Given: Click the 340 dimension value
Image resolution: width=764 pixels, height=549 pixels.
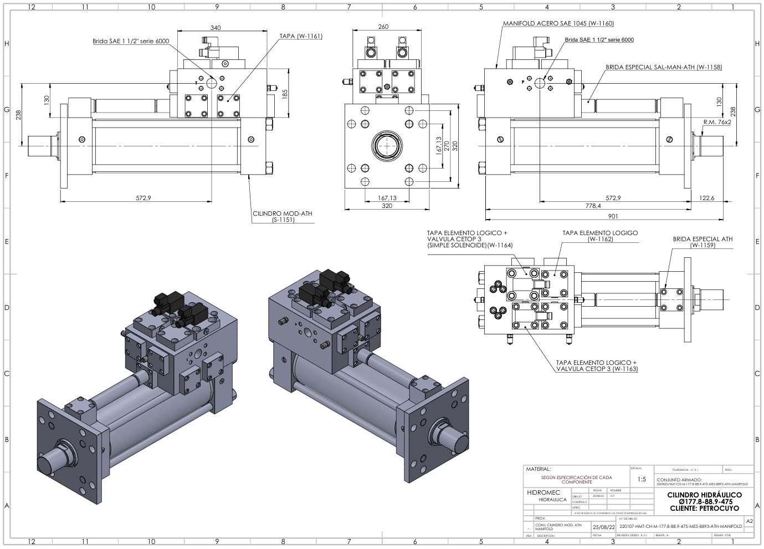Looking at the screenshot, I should tap(216, 28).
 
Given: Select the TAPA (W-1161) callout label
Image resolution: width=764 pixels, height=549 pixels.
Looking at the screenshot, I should tap(301, 36).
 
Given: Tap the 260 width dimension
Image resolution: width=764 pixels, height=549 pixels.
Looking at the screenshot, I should tap(383, 27).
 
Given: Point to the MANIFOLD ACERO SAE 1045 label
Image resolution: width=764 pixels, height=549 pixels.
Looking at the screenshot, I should tap(558, 24).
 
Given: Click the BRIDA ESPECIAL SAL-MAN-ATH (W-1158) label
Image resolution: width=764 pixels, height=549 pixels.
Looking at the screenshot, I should tap(663, 67).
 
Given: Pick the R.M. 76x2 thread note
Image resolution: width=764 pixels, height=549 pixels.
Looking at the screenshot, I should tap(717, 121).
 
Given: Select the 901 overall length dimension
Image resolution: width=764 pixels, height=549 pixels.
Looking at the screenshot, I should tap(613, 216).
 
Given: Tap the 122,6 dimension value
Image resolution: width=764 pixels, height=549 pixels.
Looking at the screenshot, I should tap(707, 198).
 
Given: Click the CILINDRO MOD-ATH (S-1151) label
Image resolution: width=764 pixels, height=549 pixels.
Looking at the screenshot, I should tap(283, 216).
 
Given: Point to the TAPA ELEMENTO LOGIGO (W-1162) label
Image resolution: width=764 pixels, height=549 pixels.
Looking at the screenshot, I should tap(600, 236).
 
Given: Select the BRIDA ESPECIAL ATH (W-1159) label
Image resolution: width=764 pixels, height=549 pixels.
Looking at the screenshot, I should tap(703, 242).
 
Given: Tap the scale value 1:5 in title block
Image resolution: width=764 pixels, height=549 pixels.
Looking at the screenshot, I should tap(642, 479).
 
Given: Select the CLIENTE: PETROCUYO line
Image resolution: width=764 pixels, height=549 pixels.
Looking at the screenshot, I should tap(704, 508).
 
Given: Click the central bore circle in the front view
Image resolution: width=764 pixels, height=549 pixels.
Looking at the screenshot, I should tap(387, 146).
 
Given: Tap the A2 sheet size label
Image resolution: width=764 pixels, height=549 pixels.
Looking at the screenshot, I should tap(749, 522).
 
